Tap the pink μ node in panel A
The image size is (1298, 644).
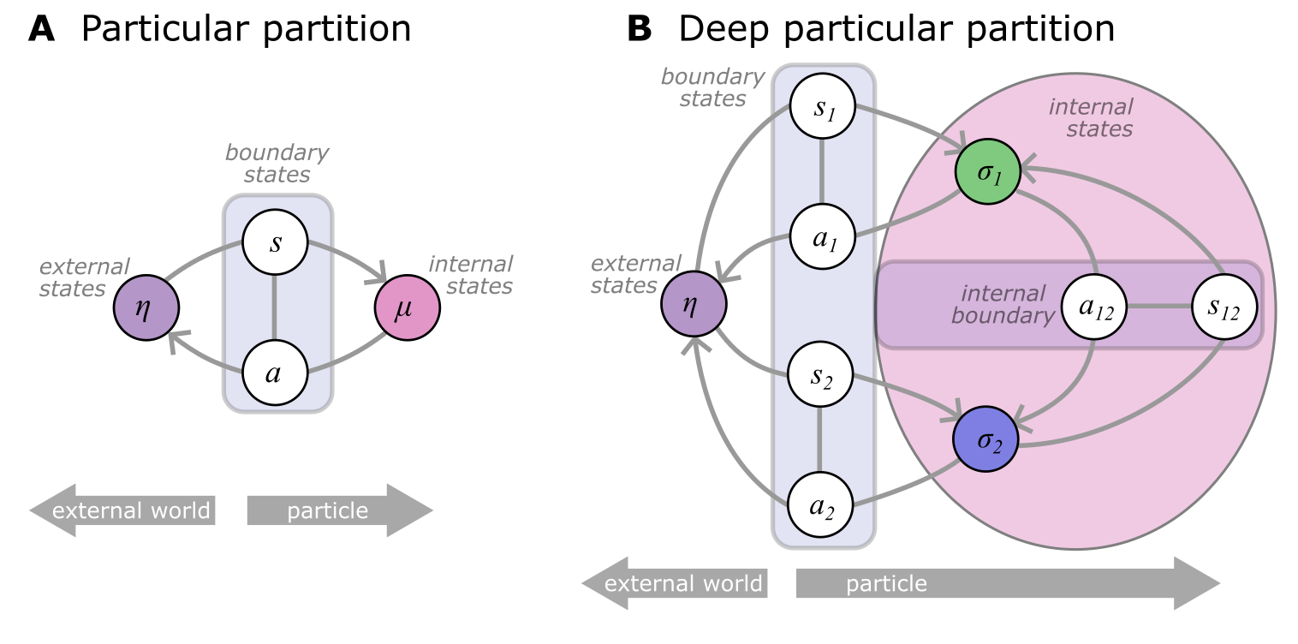pyautogui.click(x=407, y=307)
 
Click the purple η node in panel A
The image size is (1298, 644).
pyautogui.click(x=146, y=307)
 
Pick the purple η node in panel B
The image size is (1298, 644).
pyautogui.click(x=694, y=304)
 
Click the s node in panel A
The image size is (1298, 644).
pyautogui.click(x=275, y=243)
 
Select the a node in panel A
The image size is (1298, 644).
pyautogui.click(x=275, y=374)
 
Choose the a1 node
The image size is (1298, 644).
pyautogui.click(x=821, y=237)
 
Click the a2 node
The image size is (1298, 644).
pyautogui.click(x=821, y=505)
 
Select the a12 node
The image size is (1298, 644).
pyautogui.click(x=1094, y=305)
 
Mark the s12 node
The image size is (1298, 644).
pyautogui.click(x=1224, y=305)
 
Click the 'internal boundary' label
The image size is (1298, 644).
pyautogui.click(x=1003, y=304)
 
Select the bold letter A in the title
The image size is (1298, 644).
pyautogui.click(x=42, y=29)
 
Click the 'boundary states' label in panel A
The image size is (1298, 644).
pyautogui.click(x=277, y=164)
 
